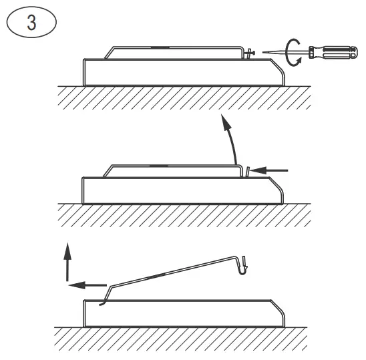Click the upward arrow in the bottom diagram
66,260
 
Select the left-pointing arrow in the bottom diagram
87,284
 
